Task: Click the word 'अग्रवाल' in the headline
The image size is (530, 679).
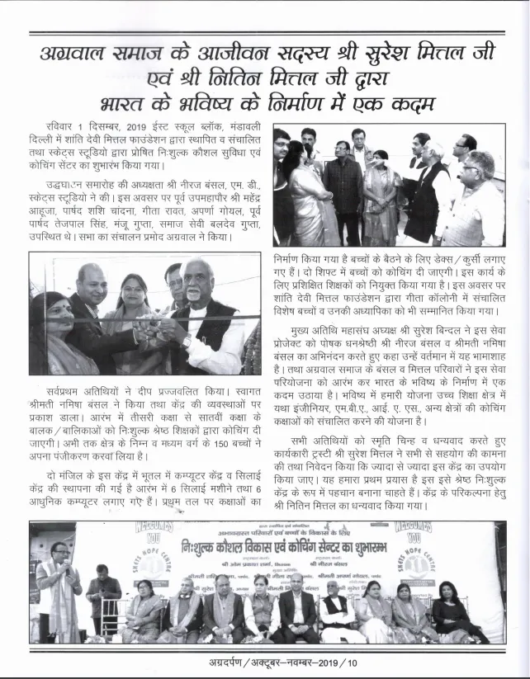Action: click(83, 54)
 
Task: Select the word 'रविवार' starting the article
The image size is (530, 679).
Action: click(65, 127)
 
